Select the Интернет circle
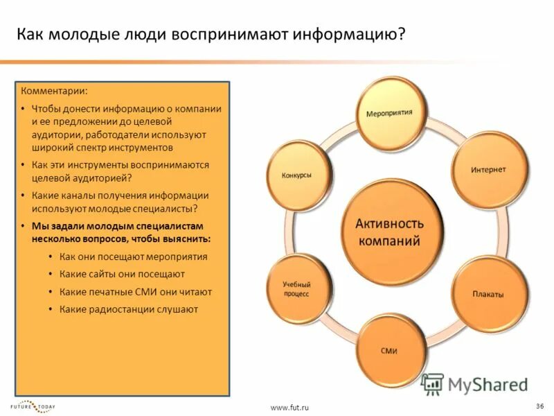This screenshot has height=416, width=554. (x=488, y=169)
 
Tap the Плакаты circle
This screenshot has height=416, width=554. (x=488, y=293)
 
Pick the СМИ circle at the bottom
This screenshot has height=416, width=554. (x=388, y=350)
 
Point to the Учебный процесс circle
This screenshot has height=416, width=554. (x=296, y=289)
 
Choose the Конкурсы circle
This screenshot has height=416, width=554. (x=296, y=175)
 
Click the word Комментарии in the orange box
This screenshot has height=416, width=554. (x=54, y=92)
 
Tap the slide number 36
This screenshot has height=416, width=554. (x=539, y=405)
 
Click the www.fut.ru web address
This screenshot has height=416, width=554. (x=289, y=408)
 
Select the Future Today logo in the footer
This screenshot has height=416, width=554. (x=33, y=406)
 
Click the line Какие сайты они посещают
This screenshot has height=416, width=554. (x=122, y=274)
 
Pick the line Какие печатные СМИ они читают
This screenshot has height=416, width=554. (x=135, y=292)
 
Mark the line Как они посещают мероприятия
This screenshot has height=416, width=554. (x=133, y=257)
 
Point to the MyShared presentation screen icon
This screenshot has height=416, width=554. (x=432, y=383)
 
